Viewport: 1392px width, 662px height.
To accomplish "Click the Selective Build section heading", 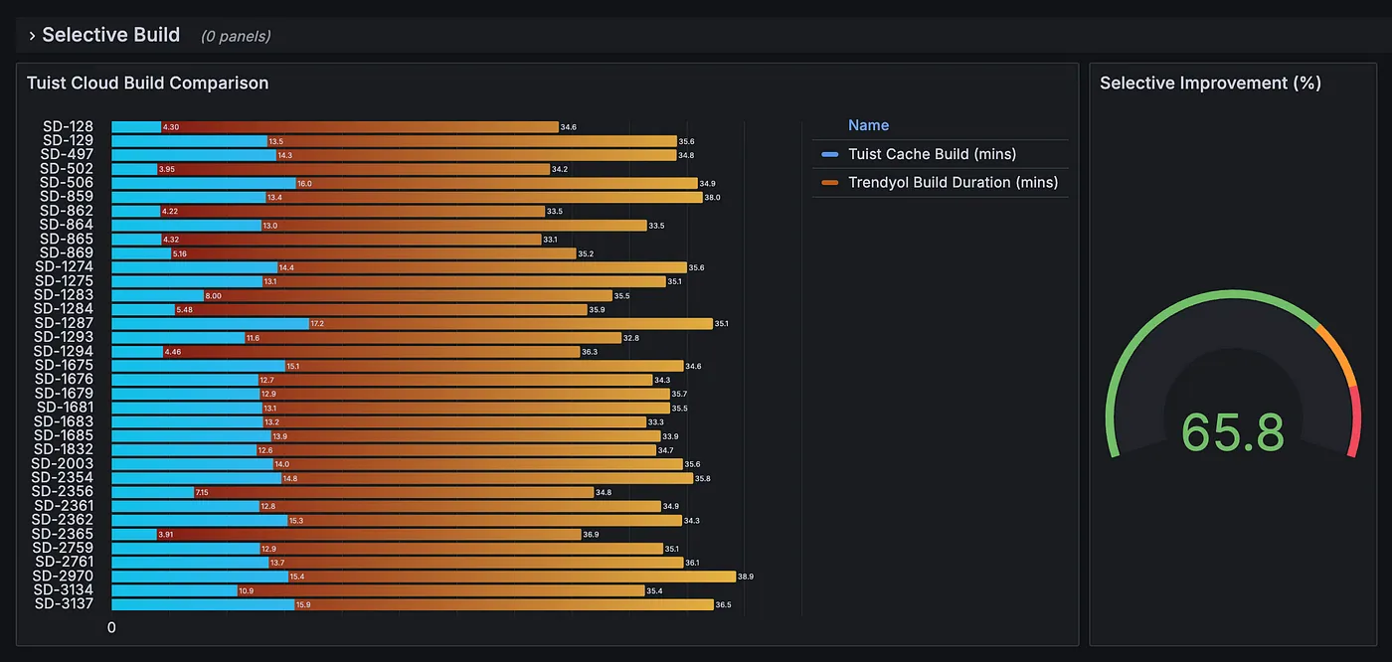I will tap(110, 35).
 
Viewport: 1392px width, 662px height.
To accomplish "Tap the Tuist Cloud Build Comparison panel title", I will tap(147, 83).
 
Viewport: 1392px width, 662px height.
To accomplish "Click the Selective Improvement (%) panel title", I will tap(1210, 83).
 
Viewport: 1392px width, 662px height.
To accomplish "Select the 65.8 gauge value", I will tap(1232, 432).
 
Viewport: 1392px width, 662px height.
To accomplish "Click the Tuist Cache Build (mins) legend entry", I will tap(931, 154).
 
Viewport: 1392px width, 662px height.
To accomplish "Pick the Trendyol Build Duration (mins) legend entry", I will tap(952, 182).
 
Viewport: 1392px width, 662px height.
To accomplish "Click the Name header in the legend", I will tap(868, 125).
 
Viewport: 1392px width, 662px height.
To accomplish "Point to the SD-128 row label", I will tap(68, 126).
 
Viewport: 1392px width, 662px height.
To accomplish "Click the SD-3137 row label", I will tap(64, 604).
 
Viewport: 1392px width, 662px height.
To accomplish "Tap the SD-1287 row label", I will tap(64, 323).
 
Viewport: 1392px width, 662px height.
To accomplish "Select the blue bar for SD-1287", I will tap(209, 323).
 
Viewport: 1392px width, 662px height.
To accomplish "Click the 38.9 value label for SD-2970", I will tap(746, 577).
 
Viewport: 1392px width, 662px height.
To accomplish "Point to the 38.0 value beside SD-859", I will tap(712, 197).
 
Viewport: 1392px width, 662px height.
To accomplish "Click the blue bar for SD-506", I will tap(203, 183).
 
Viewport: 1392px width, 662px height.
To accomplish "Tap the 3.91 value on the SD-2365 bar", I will tap(167, 535).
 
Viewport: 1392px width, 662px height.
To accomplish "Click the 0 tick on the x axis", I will tap(111, 628).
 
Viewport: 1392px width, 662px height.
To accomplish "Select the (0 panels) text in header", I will tap(236, 36).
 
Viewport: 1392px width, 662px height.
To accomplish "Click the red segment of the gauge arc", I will tap(1356, 422).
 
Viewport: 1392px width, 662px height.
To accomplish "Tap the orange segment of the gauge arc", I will tap(1336, 355).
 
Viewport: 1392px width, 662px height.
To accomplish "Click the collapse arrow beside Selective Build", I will tap(32, 36).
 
